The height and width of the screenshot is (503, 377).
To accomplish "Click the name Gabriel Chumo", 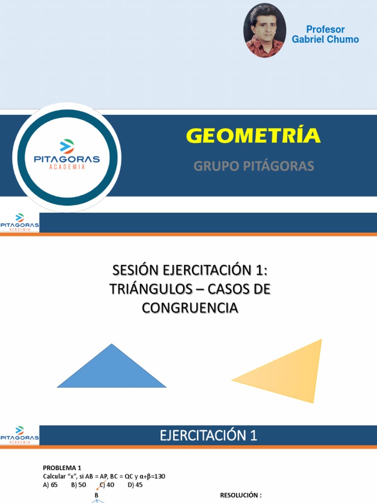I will tap(325, 39).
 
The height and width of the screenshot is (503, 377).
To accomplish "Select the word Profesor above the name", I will tap(325, 29).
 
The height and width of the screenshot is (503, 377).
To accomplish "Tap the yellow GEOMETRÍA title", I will tap(253, 136).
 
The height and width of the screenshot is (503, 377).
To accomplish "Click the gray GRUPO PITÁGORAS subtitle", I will tap(253, 166).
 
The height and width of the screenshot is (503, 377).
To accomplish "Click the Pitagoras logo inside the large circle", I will tap(66, 155).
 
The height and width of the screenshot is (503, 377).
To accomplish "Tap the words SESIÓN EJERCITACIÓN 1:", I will tap(190, 271).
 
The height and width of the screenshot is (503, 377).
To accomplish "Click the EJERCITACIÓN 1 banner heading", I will tap(208, 436).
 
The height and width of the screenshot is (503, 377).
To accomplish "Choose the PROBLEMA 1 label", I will tap(62, 468).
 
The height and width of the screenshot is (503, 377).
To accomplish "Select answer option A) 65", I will tap(51, 484).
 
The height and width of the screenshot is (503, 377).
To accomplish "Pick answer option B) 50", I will tap(79, 484).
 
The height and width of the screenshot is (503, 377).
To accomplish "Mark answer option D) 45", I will tap(135, 484).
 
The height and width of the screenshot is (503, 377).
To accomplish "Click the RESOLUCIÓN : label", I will tap(241, 496).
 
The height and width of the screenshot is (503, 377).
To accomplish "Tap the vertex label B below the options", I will tap(97, 495).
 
